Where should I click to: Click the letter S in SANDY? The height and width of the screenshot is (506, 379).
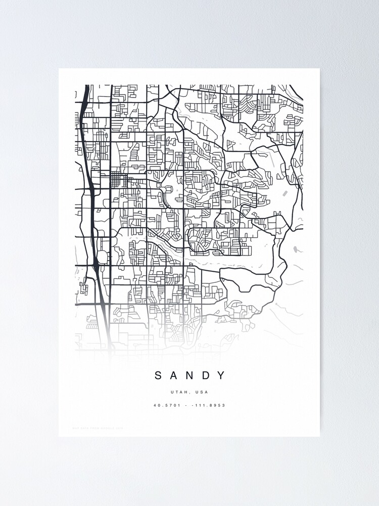click(158, 375)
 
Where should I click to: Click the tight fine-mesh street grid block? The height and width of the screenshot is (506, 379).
click(117, 179)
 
